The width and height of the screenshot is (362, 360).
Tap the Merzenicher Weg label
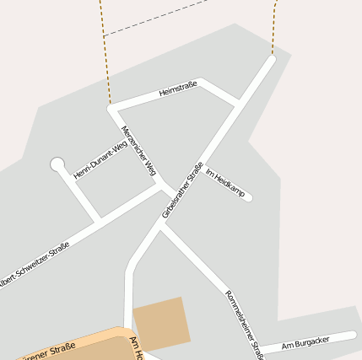tap(139, 151)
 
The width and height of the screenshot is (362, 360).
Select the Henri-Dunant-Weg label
tap(95, 161)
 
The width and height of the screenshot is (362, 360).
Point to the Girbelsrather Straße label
tap(183, 190)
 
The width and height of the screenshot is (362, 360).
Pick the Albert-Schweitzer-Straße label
tap(34, 266)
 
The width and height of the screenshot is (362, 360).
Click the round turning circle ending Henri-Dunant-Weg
tap(57, 164)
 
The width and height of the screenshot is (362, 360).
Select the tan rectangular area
tap(160, 322)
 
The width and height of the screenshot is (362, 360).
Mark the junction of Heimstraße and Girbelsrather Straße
tap(240, 103)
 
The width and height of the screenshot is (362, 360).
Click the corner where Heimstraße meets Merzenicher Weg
tap(111, 108)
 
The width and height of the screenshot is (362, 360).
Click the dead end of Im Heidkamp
tap(248, 198)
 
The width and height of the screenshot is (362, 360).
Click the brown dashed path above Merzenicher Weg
tap(104, 51)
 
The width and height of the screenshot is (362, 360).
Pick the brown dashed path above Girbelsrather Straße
tap(274, 30)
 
